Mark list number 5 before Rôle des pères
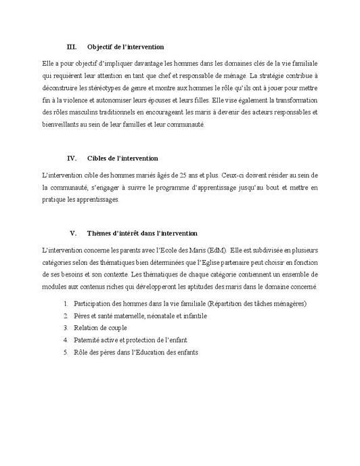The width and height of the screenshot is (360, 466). (66, 353)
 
